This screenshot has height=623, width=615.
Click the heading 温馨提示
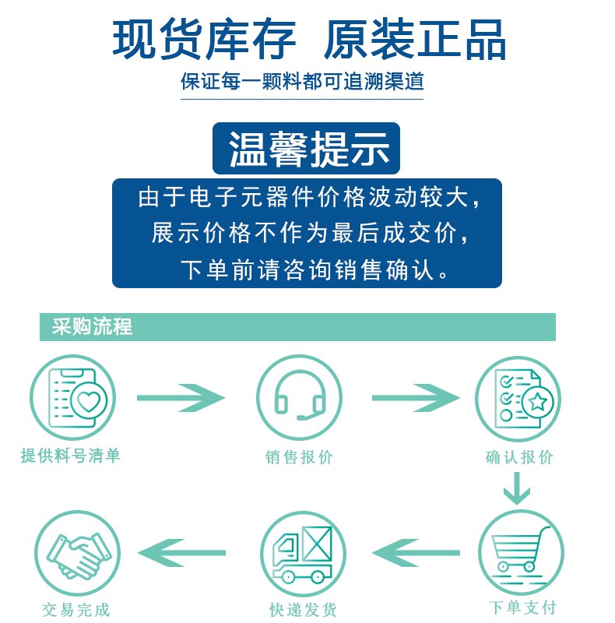(x=307, y=149)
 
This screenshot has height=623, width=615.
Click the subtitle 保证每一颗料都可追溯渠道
(x=303, y=82)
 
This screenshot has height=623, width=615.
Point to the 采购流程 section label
(x=93, y=327)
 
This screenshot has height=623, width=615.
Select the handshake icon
(x=75, y=552)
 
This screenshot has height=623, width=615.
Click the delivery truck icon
(x=302, y=554)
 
